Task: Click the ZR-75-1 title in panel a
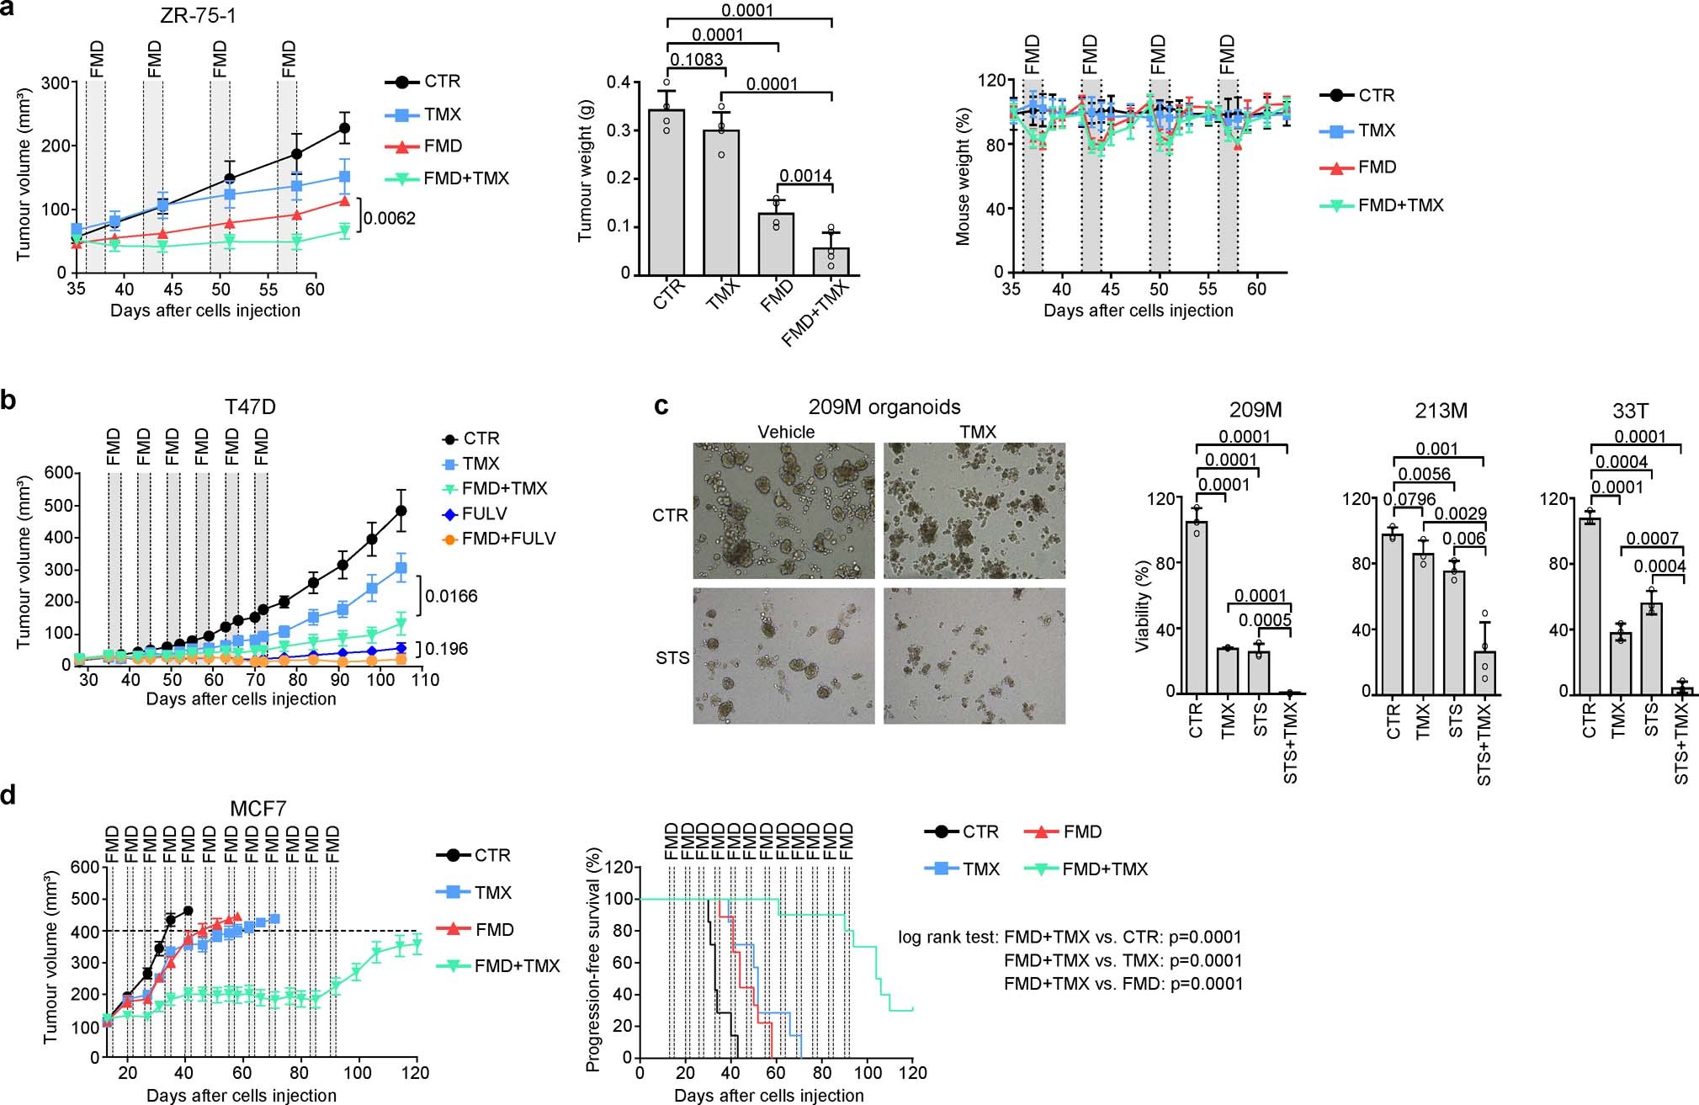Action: [194, 16]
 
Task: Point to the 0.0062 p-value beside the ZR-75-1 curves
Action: [390, 219]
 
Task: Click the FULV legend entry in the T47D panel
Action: [484, 513]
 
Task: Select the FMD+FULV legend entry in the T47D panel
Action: [508, 539]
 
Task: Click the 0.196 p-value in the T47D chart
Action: [446, 649]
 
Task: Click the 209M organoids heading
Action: [884, 407]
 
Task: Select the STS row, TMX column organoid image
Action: [974, 656]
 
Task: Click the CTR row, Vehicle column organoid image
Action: [783, 511]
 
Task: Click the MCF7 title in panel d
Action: [258, 809]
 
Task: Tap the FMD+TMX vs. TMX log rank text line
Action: [1123, 960]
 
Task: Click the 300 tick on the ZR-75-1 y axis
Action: [56, 82]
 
